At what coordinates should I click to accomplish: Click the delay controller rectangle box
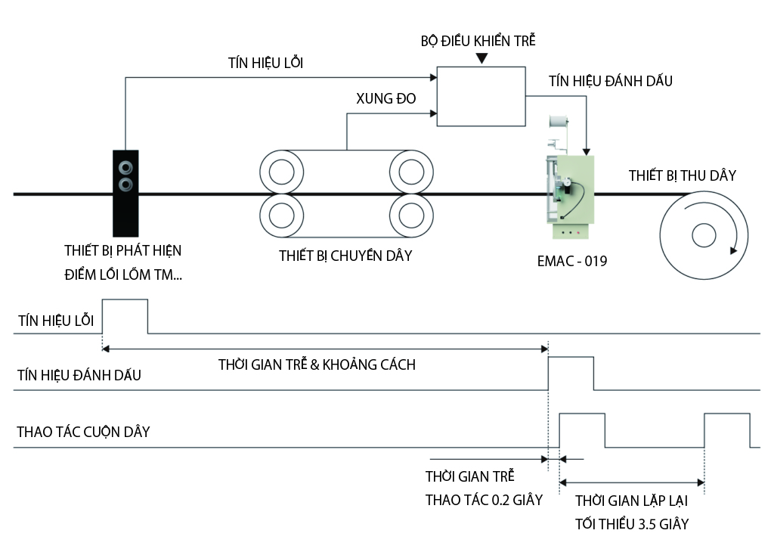point(481,96)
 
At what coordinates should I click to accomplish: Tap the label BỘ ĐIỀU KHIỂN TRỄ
point(478,41)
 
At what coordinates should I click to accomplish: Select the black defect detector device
point(125,194)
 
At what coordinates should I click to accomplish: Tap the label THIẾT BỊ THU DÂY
point(683,176)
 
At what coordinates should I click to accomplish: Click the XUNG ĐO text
point(385,99)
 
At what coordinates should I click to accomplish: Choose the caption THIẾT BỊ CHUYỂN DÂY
point(345,256)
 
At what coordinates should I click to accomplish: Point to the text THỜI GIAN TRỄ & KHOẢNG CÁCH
point(317,364)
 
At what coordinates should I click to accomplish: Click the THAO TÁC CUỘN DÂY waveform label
point(83,433)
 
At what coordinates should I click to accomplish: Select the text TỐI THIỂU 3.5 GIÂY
point(632,524)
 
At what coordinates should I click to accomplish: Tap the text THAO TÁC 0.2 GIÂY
point(484,500)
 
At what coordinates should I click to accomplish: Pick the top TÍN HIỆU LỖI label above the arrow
point(265,63)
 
